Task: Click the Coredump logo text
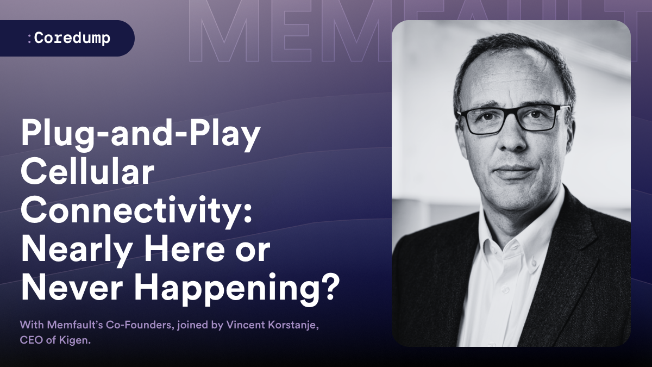72,39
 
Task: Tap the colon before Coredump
29,39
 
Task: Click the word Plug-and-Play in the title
141,135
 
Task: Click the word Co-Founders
140,325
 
